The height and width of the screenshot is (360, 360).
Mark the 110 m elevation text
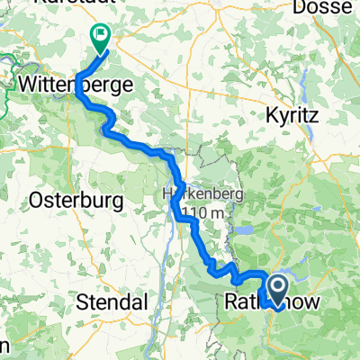[203, 213]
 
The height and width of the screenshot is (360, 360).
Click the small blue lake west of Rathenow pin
[245, 230]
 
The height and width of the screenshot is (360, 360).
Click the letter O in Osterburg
[37, 199]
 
